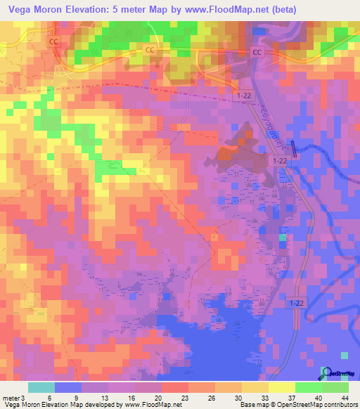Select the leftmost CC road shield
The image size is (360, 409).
pyautogui.click(x=54, y=42)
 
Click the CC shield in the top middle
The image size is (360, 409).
pyautogui.click(x=149, y=50)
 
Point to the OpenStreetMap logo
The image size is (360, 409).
pyautogui.click(x=335, y=374)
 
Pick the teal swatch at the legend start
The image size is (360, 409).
pyautogui.click(x=41, y=387)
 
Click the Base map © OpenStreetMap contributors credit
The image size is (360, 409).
pyautogui.click(x=297, y=405)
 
